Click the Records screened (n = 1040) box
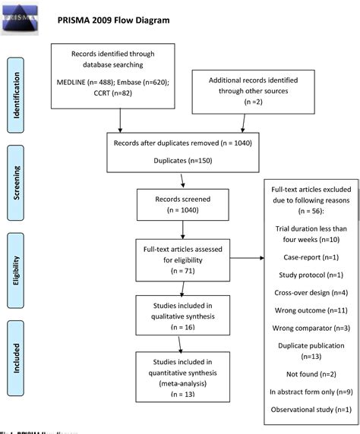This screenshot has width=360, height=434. pos(178,204)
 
